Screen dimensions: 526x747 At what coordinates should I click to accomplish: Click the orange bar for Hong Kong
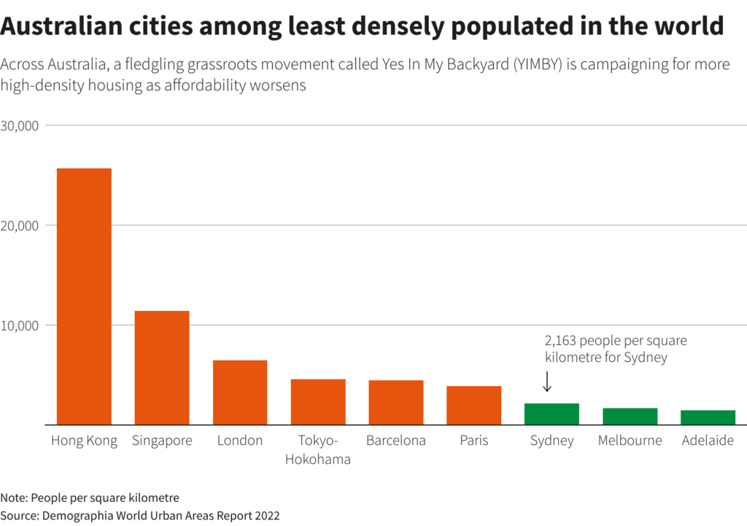pyautogui.click(x=84, y=296)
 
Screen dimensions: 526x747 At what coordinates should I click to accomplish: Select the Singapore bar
pyautogui.click(x=162, y=368)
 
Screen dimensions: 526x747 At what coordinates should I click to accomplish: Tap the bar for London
pyautogui.click(x=240, y=392)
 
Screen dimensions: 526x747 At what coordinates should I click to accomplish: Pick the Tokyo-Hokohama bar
pyautogui.click(x=318, y=402)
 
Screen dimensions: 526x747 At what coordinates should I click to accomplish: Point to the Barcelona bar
pyautogui.click(x=396, y=402)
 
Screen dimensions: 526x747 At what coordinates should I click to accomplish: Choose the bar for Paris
pyautogui.click(x=474, y=405)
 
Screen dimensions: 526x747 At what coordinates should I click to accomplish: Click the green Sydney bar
pyautogui.click(x=551, y=414)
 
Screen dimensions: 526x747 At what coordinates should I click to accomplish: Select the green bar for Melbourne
pyautogui.click(x=630, y=416)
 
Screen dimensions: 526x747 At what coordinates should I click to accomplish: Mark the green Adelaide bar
pyautogui.click(x=708, y=417)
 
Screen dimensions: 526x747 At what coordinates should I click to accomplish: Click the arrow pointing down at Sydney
pyautogui.click(x=547, y=382)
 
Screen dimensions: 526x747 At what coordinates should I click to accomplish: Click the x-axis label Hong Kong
pyautogui.click(x=84, y=441)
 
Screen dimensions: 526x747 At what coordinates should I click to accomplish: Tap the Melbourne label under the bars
pyautogui.click(x=630, y=441)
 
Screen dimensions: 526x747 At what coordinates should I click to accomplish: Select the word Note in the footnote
pyautogui.click(x=12, y=498)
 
